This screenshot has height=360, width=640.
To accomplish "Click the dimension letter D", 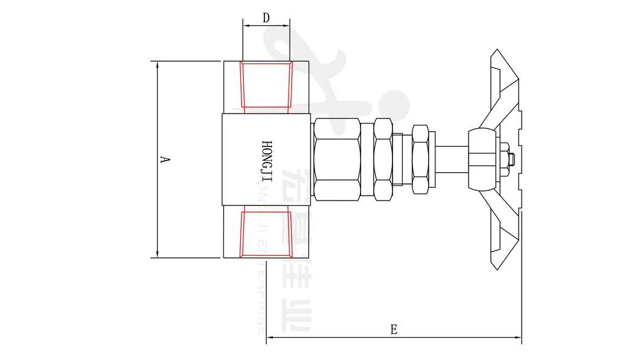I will (266, 18).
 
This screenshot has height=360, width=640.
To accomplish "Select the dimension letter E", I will (394, 329).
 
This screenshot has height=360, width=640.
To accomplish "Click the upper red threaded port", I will (266, 85).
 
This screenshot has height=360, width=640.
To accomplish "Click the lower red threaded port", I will (266, 234).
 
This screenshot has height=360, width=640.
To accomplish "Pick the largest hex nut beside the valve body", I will (336, 159).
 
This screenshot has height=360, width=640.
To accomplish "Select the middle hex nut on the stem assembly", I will (382, 159).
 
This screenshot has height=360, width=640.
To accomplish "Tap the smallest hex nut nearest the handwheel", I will (420, 159).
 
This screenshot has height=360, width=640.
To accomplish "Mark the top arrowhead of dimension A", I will (157, 64).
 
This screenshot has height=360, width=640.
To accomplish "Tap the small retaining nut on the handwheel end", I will (511, 160).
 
